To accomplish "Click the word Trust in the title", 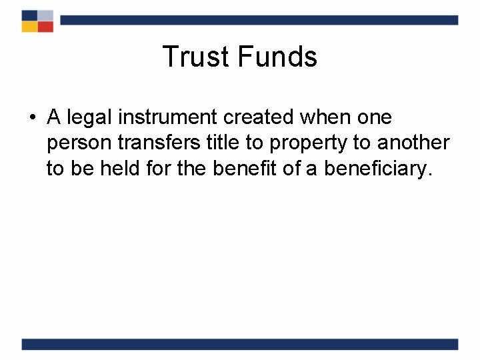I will coord(193,57).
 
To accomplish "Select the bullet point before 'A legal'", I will coord(31,119).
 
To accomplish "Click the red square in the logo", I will coord(45,27).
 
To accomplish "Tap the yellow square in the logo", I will coord(29,27).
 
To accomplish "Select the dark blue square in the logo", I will coord(29,15).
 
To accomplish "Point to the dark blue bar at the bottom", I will coord(240,344).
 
